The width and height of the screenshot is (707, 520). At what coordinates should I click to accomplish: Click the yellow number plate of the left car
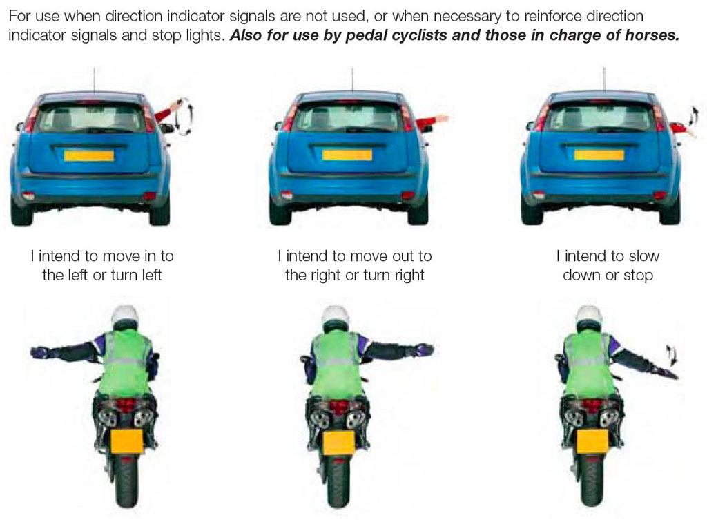[x=89, y=156]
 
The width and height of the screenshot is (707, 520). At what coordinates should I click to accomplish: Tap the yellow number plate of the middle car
[x=347, y=155]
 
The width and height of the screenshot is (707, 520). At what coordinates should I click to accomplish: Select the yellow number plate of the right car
[x=599, y=155]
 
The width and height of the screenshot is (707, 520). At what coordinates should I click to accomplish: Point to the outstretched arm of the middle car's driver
[x=432, y=121]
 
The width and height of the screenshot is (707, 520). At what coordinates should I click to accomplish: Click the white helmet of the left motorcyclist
[x=125, y=316]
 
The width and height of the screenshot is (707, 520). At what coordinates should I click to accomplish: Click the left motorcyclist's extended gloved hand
[x=39, y=352]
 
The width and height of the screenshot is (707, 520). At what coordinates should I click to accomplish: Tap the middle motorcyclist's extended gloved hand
[x=425, y=349]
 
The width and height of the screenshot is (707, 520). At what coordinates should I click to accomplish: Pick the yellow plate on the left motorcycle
[x=127, y=441]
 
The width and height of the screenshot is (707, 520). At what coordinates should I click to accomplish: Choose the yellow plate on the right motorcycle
[x=592, y=442]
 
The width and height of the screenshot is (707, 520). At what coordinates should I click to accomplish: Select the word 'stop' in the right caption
[x=638, y=275]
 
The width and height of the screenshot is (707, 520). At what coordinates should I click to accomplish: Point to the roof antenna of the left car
[x=94, y=80]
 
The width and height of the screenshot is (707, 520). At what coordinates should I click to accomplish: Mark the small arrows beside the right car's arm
[x=692, y=116]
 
